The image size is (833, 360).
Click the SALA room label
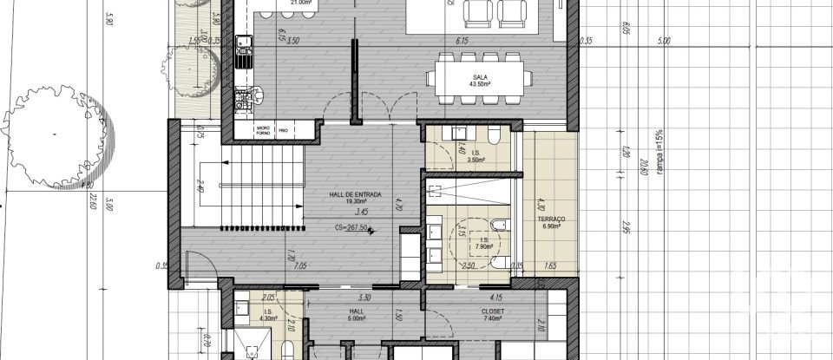(x=478, y=76)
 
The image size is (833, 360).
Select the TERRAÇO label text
(x=551, y=219)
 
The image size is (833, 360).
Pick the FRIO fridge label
(x=284, y=130)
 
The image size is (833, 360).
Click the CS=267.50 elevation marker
(x=352, y=228)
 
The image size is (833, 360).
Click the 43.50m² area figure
(x=478, y=84)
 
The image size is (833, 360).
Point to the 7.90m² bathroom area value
(x=482, y=245)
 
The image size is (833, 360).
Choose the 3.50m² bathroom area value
(x=475, y=160)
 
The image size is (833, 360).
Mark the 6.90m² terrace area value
(x=552, y=226)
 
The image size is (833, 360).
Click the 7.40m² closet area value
(x=493, y=318)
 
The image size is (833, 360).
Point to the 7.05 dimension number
(x=300, y=266)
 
